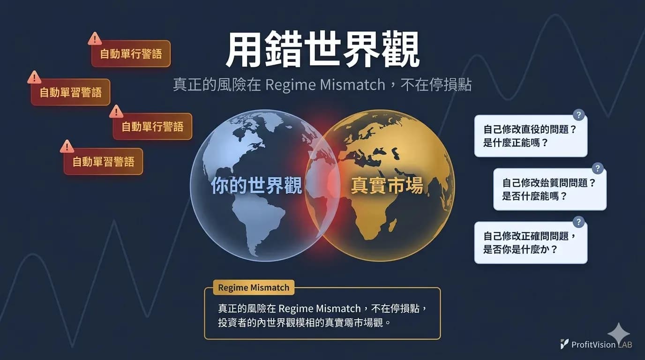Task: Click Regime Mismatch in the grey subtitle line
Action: (325, 85)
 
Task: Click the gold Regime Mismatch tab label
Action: (254, 287)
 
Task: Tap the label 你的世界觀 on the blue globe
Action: (256, 185)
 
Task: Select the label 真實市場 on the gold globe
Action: (387, 185)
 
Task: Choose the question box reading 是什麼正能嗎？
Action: (531, 136)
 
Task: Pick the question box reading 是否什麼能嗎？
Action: (550, 189)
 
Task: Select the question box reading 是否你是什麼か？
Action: (531, 242)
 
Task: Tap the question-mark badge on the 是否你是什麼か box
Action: (578, 222)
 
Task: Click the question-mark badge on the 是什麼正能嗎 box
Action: (578, 115)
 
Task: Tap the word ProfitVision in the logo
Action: (593, 345)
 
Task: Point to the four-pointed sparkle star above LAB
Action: (618, 333)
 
